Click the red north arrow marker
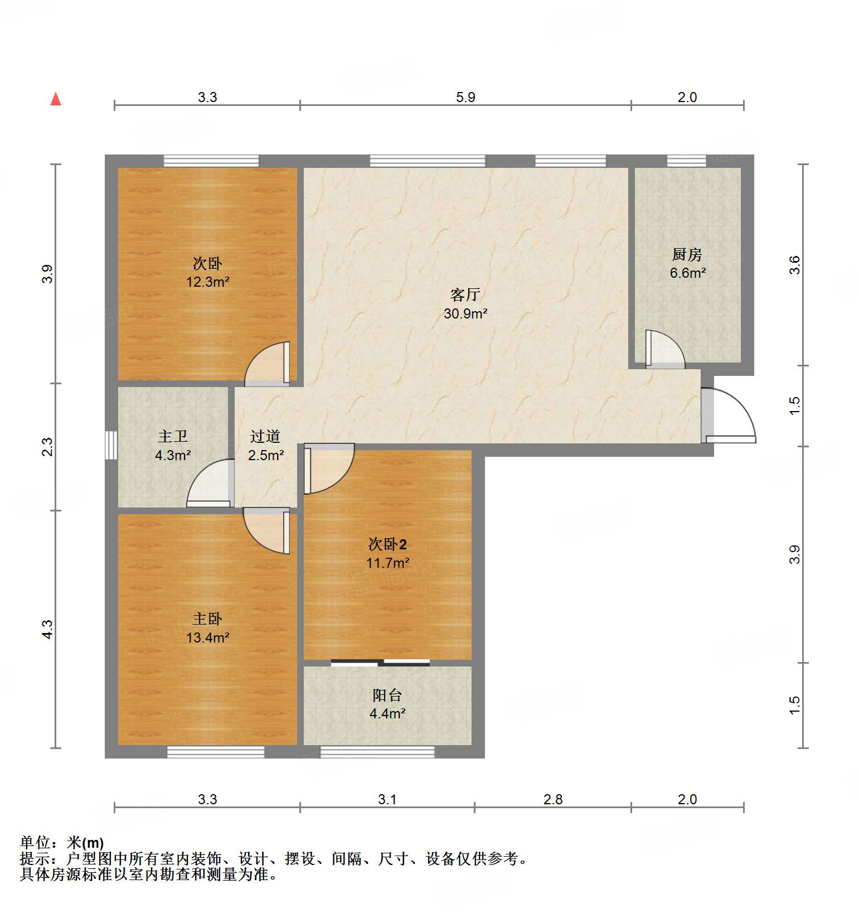[56, 99]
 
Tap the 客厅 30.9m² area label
[465, 304]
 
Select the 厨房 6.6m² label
[687, 263]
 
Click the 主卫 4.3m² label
[173, 446]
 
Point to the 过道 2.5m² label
[265, 446]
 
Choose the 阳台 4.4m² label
[387, 704]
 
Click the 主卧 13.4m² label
[207, 628]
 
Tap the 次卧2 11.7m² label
[387, 553]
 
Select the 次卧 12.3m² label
[207, 272]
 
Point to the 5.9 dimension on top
[465, 98]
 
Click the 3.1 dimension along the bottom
[387, 799]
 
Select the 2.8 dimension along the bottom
[553, 799]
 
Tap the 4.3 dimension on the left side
[48, 629]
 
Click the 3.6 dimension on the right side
[795, 264]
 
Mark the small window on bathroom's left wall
[111, 445]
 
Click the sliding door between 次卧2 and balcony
[381, 663]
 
